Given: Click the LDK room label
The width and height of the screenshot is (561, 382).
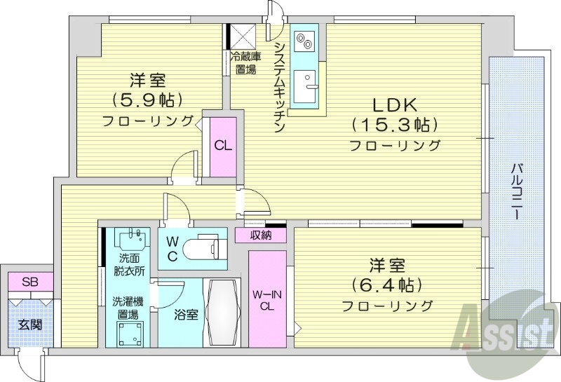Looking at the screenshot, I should pos(395,105).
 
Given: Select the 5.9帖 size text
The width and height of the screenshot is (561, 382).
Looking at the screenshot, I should pos(147,99).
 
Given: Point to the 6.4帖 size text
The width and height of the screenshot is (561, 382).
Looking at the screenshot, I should pos(387,285).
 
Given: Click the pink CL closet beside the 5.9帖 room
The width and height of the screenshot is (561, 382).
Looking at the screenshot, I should pos(224,146).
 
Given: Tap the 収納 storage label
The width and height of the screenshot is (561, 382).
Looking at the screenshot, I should pos(260,236).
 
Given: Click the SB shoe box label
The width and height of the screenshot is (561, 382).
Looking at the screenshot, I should pos(29,282).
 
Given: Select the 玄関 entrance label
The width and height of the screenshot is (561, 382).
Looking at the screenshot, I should pos(30,325).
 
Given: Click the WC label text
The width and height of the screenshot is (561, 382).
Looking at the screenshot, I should pos(173,248).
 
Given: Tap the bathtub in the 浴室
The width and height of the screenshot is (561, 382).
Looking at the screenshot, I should pos(224,312).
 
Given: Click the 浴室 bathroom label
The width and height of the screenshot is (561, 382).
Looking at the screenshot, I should pos(187,315).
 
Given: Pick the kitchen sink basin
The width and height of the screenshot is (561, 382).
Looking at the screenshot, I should pos(305,87).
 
